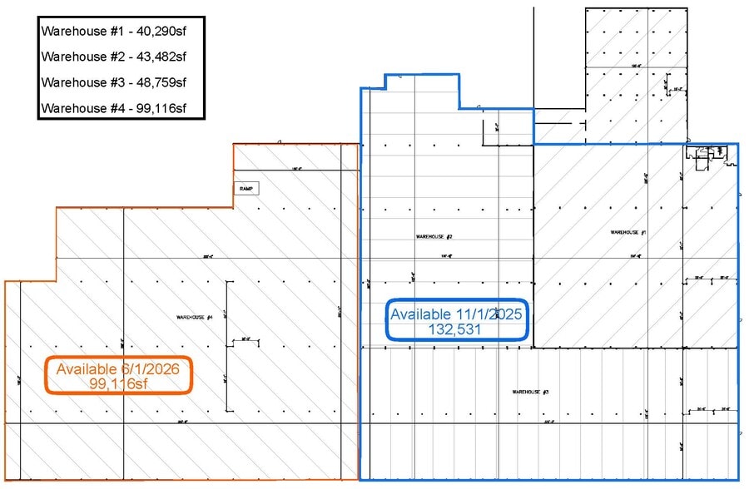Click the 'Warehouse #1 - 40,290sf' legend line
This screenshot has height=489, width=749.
(x=112, y=30)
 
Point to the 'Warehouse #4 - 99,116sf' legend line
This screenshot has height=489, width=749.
(x=112, y=108)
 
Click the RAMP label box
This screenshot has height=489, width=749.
(x=246, y=189)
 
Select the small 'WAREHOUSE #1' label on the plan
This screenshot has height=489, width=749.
(x=628, y=233)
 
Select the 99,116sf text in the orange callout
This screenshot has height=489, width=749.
(x=119, y=383)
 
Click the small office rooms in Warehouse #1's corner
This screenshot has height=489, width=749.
(x=704, y=155)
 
